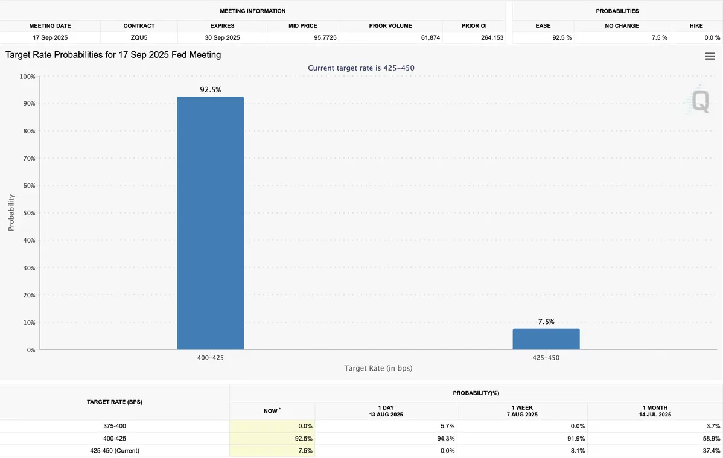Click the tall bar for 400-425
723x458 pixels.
coord(210,223)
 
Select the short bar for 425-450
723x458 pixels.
coord(546,339)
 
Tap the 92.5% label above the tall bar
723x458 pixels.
coord(211,89)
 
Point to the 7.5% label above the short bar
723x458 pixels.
coord(546,322)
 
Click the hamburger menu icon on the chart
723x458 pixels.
coord(710,56)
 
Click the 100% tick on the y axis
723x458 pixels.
coord(27,77)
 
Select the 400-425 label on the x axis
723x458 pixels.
coord(210,358)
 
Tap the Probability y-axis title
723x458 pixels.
coord(11,212)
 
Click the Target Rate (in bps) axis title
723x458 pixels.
coord(378,368)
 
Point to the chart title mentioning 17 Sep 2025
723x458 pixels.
coord(113,55)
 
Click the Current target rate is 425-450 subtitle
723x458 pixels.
coord(361,68)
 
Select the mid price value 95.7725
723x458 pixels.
coord(325,37)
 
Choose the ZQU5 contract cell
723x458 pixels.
coord(139,37)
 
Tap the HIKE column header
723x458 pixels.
coord(696,26)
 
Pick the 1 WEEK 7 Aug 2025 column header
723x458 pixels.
coord(521,411)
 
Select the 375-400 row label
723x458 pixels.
coord(115,426)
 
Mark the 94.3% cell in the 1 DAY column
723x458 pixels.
coord(445,438)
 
